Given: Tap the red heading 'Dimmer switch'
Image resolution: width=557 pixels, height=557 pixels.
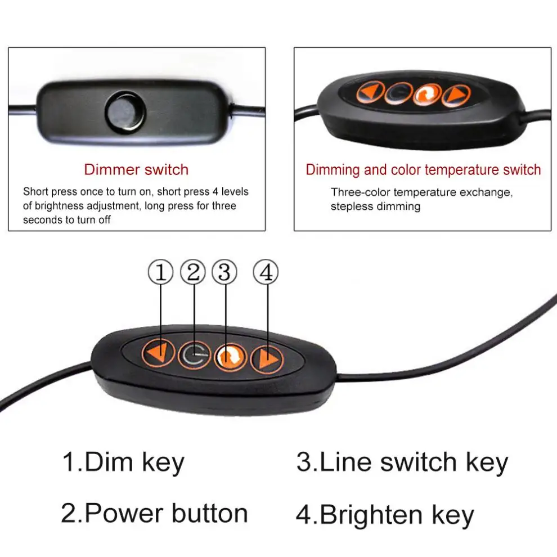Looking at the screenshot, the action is (x=136, y=169).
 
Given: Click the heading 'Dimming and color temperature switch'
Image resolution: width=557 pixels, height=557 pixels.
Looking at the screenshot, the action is (x=423, y=169).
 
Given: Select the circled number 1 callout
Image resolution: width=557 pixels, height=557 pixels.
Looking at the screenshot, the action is (x=160, y=273).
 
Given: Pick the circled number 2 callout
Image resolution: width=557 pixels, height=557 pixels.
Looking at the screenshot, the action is (x=193, y=273).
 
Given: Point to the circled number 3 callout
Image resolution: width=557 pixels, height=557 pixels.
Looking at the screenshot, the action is (x=224, y=273).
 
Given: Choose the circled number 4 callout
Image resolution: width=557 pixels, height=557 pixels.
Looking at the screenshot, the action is (x=266, y=273).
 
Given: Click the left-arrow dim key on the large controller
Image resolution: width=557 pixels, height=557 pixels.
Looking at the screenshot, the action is (x=157, y=354).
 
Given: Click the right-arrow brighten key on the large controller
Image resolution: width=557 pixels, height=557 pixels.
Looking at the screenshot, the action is (x=267, y=358).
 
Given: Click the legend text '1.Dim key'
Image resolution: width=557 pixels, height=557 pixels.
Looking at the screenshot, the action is (x=123, y=462).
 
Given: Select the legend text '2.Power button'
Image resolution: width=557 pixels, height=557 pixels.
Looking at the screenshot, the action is (x=154, y=513).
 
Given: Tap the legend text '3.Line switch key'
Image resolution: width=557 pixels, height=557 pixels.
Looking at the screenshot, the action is (x=402, y=462).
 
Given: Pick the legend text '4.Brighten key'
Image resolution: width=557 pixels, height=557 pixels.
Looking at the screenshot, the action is (x=385, y=514).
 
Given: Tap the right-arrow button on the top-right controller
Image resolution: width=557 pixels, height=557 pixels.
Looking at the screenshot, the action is (x=456, y=96).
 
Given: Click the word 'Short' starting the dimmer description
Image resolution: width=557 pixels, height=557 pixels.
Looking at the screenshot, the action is (x=35, y=192).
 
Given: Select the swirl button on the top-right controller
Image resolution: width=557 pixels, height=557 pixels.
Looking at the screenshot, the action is (x=427, y=94).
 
